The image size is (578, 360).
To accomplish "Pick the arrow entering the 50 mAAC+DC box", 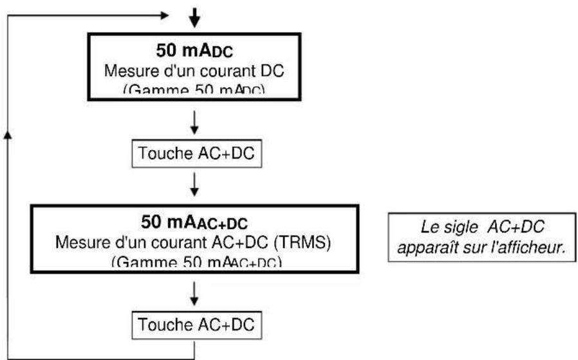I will click(x=194, y=187).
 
